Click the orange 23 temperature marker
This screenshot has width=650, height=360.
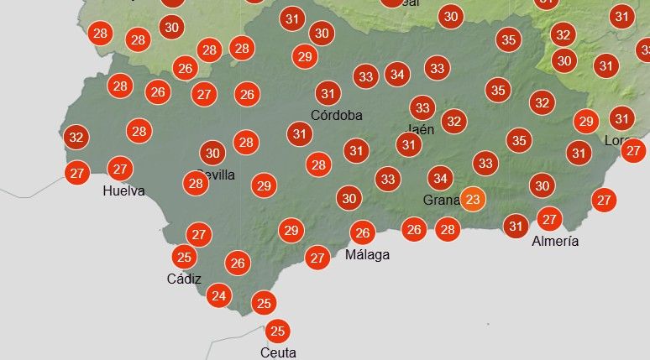473,200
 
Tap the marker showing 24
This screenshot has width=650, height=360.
219,295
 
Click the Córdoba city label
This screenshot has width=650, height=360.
336,115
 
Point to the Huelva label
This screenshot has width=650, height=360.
123,190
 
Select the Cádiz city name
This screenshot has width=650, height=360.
184,279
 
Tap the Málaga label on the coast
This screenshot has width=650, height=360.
367,254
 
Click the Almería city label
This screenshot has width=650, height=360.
555,241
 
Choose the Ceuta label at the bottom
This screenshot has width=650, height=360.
278,352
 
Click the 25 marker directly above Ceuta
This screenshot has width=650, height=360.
278,331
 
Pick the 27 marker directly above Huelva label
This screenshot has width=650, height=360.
121,169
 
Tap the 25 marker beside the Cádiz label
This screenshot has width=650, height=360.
185,257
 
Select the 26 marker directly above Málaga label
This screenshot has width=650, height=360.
362,232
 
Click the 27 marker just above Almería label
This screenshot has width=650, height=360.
549,220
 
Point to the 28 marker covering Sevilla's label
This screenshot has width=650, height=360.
197,183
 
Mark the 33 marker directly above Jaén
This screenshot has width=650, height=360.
422,107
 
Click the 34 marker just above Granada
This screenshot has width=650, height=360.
440,178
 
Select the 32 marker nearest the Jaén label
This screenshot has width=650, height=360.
454,122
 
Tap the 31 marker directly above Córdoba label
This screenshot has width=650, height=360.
328,93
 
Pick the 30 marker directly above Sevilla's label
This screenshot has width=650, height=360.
212,153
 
